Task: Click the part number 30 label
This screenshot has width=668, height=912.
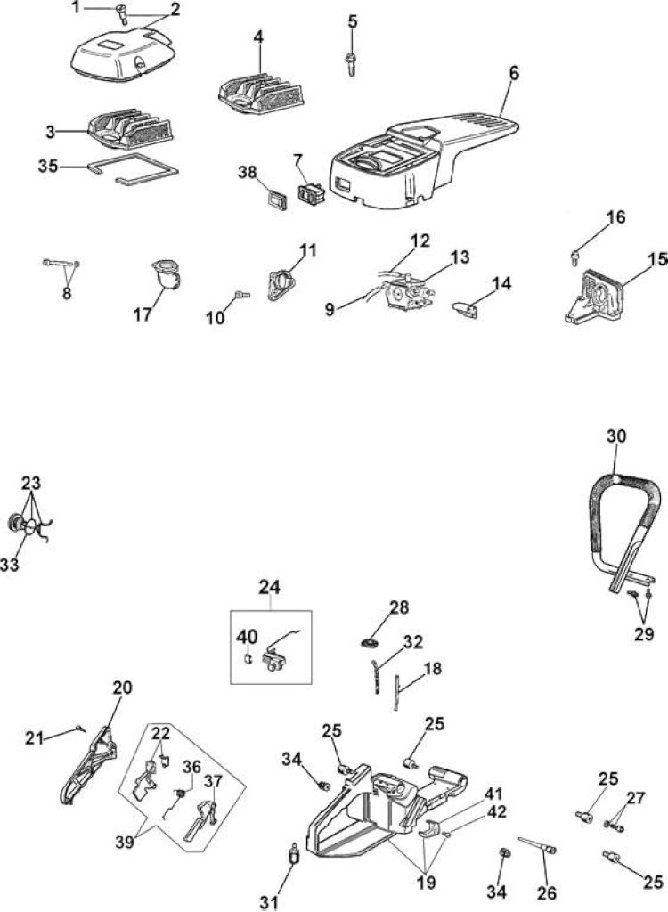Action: tap(616, 436)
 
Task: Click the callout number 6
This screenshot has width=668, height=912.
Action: tap(514, 74)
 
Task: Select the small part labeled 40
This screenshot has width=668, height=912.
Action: tap(246, 660)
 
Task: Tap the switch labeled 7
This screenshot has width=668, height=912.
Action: tap(312, 192)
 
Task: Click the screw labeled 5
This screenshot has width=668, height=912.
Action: tap(351, 63)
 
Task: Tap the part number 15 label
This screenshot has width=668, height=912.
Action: tap(657, 259)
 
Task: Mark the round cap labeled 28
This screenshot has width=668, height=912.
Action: tap(369, 643)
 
